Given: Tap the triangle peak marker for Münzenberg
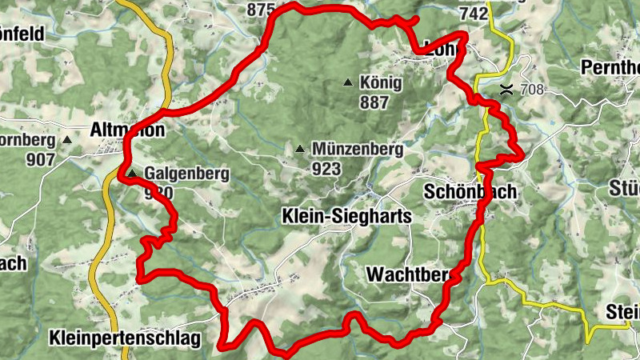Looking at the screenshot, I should (x=300, y=149).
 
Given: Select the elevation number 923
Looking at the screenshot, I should (x=328, y=169).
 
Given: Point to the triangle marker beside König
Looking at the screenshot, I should (x=348, y=82).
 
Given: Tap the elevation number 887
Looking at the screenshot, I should (x=374, y=102).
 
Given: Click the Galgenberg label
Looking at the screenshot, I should (x=187, y=173).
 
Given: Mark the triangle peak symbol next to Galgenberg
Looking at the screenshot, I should (x=131, y=173).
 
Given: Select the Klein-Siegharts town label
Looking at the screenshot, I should (x=346, y=217).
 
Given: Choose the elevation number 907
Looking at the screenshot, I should (x=40, y=159).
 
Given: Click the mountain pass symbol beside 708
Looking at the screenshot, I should (x=506, y=89).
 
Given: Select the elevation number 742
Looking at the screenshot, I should (x=474, y=14).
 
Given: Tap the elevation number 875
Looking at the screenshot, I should (x=261, y=10).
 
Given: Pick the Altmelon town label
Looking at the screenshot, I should (x=128, y=130).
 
